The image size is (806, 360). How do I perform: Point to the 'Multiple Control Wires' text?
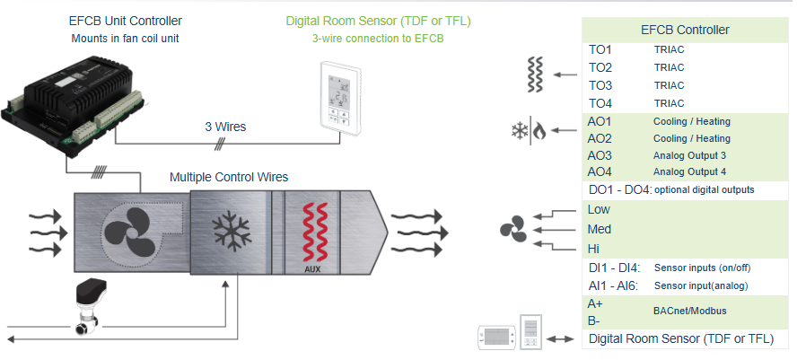click(x=229, y=177)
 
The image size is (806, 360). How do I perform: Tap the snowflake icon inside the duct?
click(x=231, y=229)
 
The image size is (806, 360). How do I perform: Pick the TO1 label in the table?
click(x=600, y=50)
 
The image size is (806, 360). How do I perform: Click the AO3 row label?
click(x=600, y=155)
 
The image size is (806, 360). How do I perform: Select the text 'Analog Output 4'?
click(x=689, y=172)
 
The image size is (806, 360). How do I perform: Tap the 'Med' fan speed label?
click(x=599, y=230)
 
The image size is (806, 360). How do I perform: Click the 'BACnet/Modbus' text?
click(x=690, y=311)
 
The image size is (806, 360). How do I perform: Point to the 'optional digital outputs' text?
click(x=705, y=190)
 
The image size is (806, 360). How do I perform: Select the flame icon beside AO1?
click(x=539, y=131)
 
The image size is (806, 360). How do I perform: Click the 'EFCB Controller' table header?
click(x=685, y=30)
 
